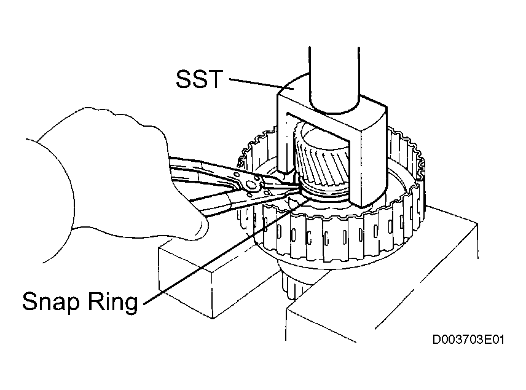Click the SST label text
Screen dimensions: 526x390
[199, 79]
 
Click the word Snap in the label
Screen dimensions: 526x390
[50, 301]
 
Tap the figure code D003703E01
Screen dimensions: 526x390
[468, 340]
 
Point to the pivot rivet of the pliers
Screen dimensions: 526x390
[250, 186]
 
